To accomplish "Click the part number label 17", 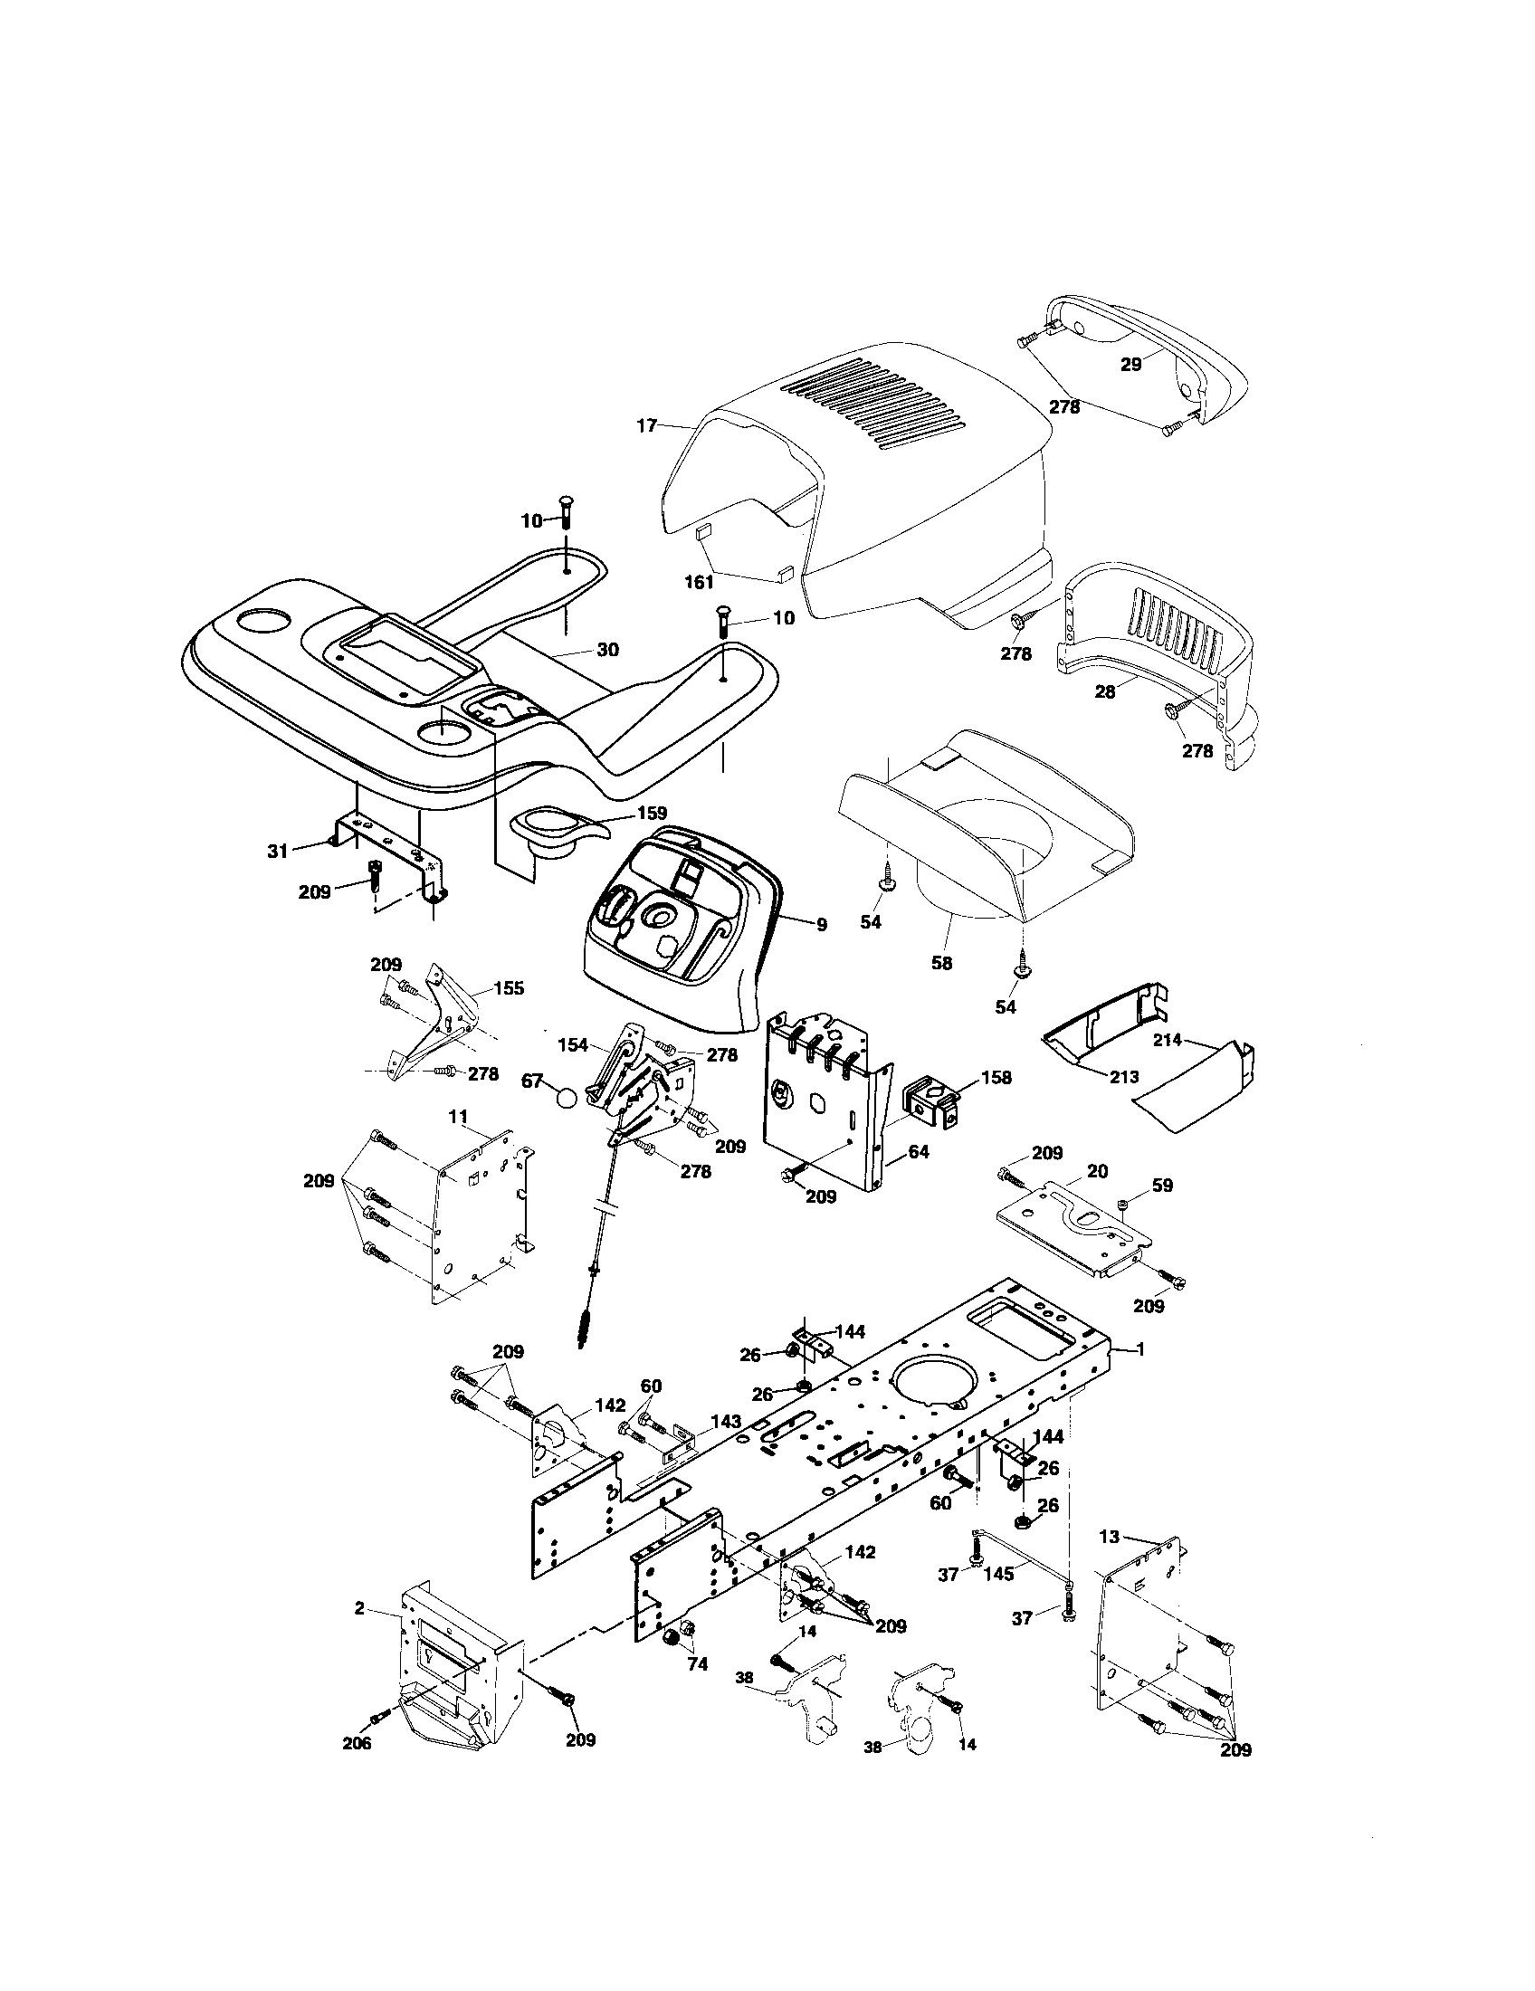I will click(x=646, y=425).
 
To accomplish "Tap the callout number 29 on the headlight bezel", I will click(x=1130, y=364).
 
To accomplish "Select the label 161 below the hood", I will click(x=699, y=582).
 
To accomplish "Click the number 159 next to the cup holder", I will click(x=652, y=813).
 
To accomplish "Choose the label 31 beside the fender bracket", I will click(x=277, y=851).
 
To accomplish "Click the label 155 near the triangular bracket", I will click(x=509, y=988).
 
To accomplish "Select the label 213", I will click(x=1124, y=1077).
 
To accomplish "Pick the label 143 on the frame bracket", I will click(x=726, y=1421).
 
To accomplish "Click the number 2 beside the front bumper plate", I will click(x=359, y=1608).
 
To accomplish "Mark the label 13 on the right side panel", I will click(x=1109, y=1537).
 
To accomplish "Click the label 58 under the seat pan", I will click(x=941, y=962).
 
